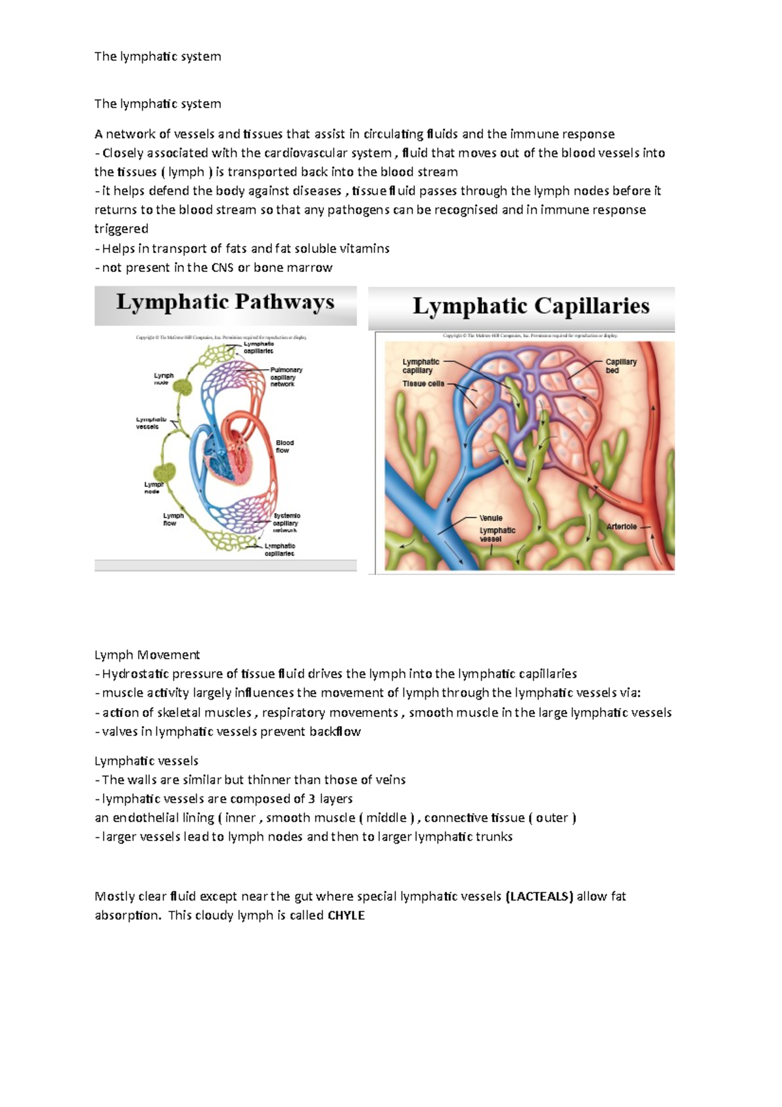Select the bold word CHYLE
(x=346, y=915)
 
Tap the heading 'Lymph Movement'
(x=147, y=655)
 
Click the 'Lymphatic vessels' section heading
(x=146, y=761)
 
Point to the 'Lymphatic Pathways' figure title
(x=225, y=303)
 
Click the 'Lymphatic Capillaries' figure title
(x=531, y=306)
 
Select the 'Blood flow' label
(x=284, y=447)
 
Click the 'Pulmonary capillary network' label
(x=285, y=377)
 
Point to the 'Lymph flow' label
(x=173, y=519)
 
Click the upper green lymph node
(x=182, y=387)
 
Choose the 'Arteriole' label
(x=621, y=526)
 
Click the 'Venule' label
(x=491, y=518)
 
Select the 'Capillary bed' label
(x=620, y=366)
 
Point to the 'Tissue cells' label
(x=423, y=384)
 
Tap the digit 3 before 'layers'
(x=311, y=799)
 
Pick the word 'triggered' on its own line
(x=121, y=229)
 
